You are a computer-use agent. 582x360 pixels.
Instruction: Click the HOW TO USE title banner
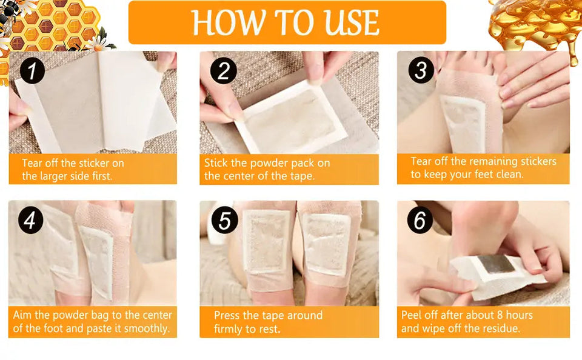pyautogui.click(x=287, y=22)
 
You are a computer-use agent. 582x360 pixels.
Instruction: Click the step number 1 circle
pyautogui.click(x=32, y=71)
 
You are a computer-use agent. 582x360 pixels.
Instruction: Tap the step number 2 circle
pyautogui.click(x=223, y=71)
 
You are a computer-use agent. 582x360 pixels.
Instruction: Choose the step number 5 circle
pyautogui.click(x=224, y=221)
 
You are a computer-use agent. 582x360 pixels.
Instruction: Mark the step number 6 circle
pyautogui.click(x=420, y=221)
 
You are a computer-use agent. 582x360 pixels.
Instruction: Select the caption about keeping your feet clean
pyautogui.click(x=483, y=168)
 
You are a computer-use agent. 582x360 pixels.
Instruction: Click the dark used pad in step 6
pyautogui.click(x=495, y=265)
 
